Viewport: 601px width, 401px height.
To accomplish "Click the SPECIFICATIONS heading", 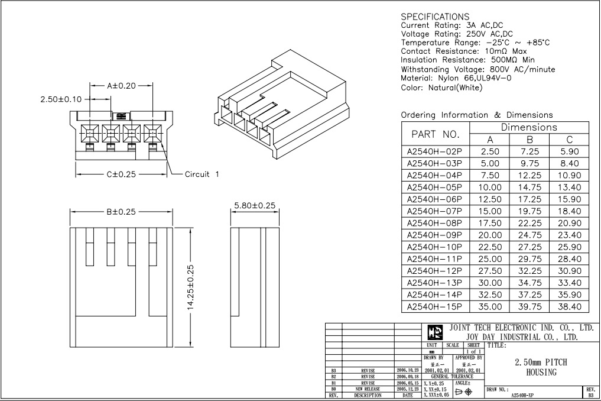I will coord(435,17).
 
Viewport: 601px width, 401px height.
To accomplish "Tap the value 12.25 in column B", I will coord(529,175).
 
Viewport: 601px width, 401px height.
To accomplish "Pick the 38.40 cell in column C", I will coord(569,306).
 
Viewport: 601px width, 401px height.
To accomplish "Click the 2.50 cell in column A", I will coord(490,151).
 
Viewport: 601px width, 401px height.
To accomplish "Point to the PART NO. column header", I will coord(435,134).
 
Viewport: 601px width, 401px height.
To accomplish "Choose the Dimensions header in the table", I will coord(529,127).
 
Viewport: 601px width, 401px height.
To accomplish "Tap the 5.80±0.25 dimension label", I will coord(255,205).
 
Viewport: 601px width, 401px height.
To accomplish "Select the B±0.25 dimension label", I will coord(121,212).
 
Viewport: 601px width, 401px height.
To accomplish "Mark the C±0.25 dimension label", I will coord(122,174).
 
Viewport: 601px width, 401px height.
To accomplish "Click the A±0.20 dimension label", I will coord(121,86).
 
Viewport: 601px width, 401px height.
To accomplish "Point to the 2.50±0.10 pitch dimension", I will coord(61,99).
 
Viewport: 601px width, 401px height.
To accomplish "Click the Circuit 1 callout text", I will coord(202,174).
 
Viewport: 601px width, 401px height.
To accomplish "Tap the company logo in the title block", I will coord(434,332).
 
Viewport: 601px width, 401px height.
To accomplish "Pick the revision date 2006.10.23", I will coord(407,370).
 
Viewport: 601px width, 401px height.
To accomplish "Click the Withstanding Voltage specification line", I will coord(477,69).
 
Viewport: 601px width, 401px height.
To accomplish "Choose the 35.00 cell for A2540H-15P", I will coord(490,306).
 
